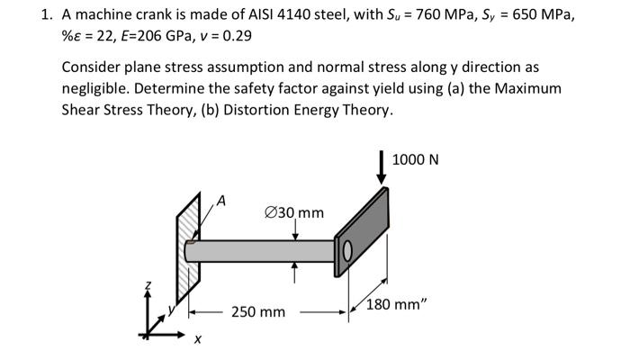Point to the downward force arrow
(x=382, y=168)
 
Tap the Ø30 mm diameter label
(x=294, y=212)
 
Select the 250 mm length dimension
(x=257, y=311)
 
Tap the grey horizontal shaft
(x=261, y=250)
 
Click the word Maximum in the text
(x=529, y=88)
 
